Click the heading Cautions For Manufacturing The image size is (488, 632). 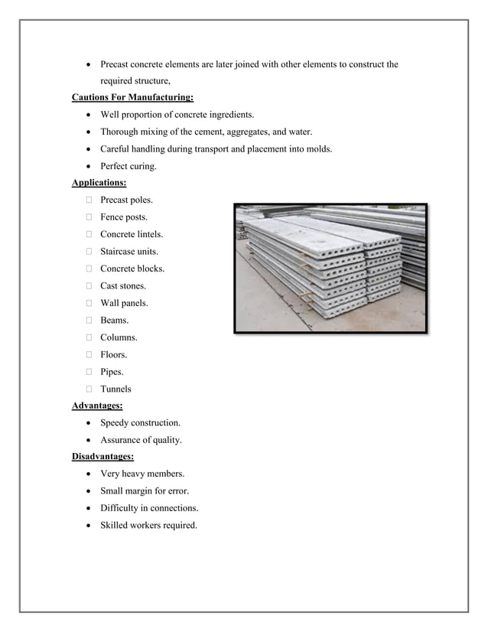click(x=132, y=97)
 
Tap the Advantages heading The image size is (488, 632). click(x=96, y=406)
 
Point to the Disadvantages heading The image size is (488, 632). click(x=102, y=457)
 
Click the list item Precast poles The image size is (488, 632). click(x=126, y=200)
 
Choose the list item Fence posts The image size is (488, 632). click(x=125, y=217)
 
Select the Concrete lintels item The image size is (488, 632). click(x=132, y=234)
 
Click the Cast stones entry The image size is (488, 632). click(x=123, y=286)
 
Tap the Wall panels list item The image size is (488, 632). click(x=124, y=303)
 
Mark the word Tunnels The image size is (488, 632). click(x=115, y=389)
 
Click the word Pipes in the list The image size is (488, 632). click(x=112, y=372)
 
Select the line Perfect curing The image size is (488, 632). click(x=128, y=166)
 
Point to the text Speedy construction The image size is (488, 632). click(x=141, y=423)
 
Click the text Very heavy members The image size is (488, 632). click(x=142, y=474)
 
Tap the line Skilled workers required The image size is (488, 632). click(x=148, y=526)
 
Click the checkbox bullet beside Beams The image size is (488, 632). click(x=89, y=321)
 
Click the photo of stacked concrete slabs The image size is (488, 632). click(x=330, y=268)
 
